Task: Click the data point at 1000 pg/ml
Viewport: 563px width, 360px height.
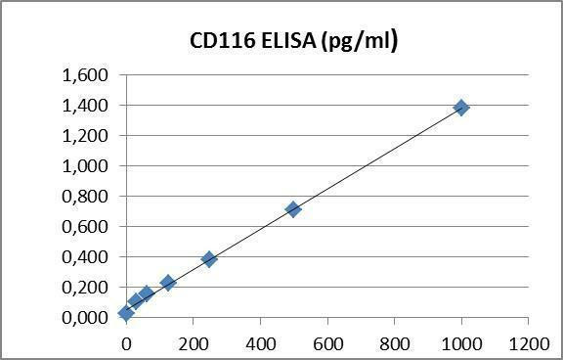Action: (461, 107)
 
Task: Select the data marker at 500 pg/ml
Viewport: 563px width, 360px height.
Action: (293, 209)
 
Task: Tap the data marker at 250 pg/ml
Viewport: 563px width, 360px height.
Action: (209, 259)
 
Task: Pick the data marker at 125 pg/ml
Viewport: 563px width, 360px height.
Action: (168, 283)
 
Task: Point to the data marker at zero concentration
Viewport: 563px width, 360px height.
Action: (126, 313)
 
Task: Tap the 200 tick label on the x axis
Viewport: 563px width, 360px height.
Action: (193, 343)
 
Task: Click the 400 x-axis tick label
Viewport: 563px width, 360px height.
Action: (260, 343)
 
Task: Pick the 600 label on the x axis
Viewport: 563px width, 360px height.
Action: (327, 343)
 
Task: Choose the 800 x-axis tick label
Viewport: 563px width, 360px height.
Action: (394, 343)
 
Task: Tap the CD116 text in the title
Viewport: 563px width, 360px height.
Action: (219, 41)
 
